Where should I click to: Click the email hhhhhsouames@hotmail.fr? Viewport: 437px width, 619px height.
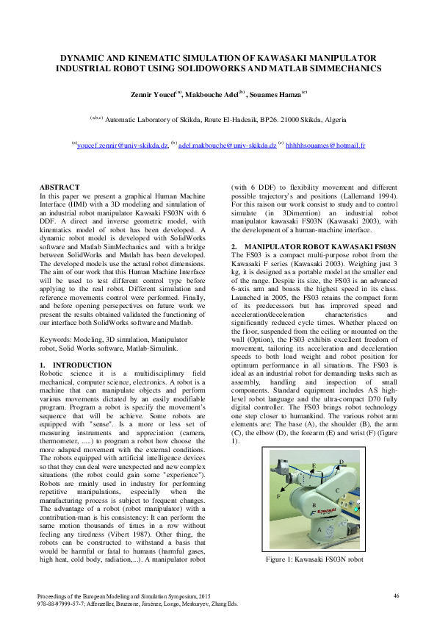click(325, 146)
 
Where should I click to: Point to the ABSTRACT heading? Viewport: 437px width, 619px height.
click(59, 188)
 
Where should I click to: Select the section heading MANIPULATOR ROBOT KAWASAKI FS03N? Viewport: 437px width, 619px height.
click(324, 245)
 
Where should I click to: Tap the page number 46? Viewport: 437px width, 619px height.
click(396, 595)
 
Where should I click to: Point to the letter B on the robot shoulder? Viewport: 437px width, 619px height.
click(314, 505)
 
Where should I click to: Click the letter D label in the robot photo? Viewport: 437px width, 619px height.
click(342, 461)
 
